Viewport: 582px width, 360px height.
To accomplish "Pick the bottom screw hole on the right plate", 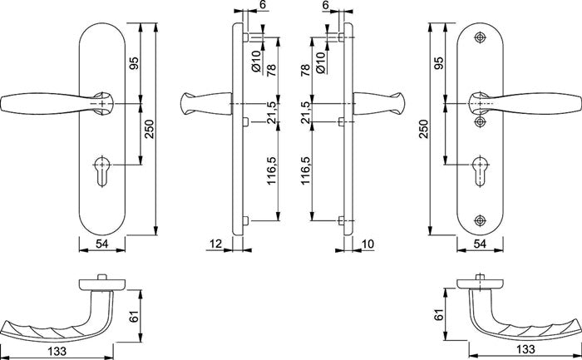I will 480,219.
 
